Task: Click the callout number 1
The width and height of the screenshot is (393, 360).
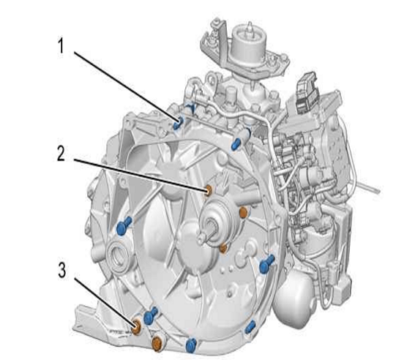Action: (61, 46)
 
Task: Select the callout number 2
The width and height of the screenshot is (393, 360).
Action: (61, 154)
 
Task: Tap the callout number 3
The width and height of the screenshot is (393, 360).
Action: (62, 270)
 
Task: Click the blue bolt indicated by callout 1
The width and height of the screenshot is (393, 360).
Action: (178, 123)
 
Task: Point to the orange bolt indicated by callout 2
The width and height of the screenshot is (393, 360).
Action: (209, 190)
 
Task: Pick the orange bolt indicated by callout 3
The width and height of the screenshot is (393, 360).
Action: (136, 327)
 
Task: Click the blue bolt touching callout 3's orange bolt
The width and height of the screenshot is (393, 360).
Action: (150, 315)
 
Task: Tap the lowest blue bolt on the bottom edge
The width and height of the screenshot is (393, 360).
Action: (191, 345)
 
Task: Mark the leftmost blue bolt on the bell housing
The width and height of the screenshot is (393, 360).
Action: (124, 226)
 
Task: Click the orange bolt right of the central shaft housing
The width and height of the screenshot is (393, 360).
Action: (244, 212)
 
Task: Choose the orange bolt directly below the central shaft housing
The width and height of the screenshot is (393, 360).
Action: (222, 248)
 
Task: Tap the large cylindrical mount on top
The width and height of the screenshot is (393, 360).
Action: (248, 45)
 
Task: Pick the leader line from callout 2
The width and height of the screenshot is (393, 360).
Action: (140, 175)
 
